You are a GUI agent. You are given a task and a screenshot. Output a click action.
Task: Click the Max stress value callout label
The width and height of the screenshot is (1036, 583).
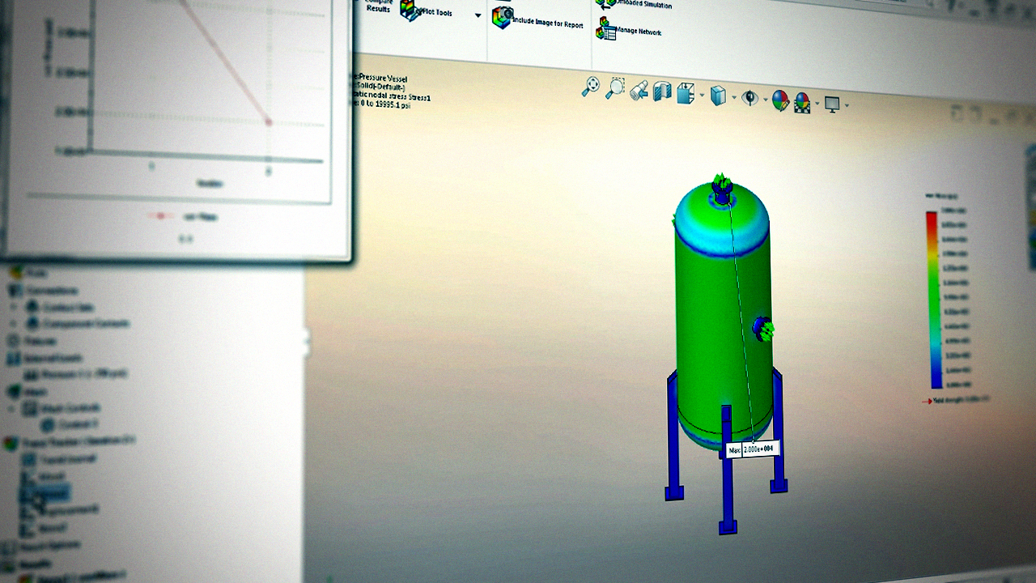[752, 449]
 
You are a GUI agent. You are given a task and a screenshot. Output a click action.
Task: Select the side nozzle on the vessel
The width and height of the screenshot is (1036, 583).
[762, 329]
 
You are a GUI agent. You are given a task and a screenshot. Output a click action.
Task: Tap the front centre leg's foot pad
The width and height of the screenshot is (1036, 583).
[728, 527]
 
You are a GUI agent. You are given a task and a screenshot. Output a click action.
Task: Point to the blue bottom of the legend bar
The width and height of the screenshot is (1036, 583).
[936, 381]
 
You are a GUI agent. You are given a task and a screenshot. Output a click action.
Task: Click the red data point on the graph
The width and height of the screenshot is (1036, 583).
[269, 122]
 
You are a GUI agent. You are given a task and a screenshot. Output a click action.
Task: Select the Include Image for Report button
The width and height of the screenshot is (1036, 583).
[503, 18]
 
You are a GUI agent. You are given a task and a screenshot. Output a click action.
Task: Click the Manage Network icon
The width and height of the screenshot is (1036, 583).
[605, 32]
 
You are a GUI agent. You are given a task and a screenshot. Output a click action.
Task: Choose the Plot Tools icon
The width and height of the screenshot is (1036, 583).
[411, 10]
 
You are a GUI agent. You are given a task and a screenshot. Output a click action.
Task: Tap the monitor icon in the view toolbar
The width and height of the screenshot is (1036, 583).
[831, 104]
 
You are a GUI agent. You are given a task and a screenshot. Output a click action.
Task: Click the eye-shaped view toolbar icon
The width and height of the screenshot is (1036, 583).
[750, 98]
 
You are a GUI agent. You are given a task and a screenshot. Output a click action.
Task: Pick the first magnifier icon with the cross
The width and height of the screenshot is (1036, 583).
[592, 87]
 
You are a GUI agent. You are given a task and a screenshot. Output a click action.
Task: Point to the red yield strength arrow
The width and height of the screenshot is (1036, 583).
[928, 400]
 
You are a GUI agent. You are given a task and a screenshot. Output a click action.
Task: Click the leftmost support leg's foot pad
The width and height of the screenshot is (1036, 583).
[673, 492]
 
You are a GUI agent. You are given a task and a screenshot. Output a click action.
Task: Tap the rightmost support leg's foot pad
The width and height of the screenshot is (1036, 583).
[779, 486]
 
